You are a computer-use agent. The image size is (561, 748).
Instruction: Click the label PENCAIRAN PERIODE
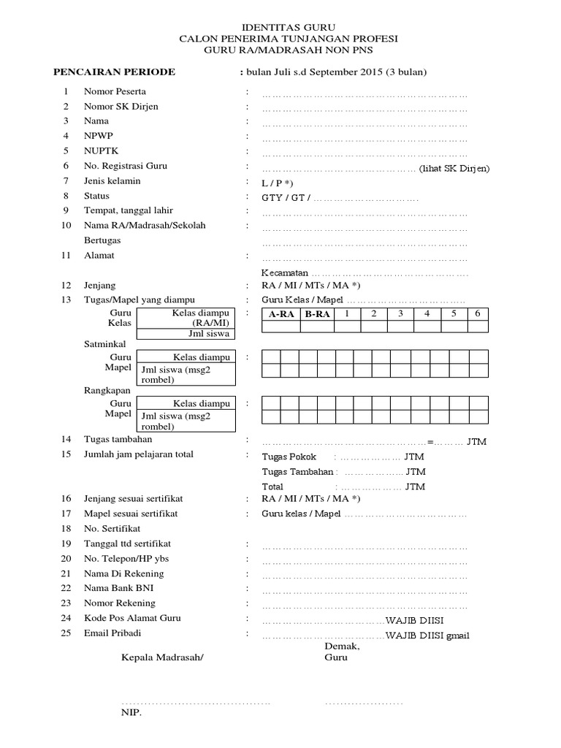tap(115, 72)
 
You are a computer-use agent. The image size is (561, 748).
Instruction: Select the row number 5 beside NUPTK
tap(66, 150)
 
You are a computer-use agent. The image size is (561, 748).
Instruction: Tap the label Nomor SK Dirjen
tap(121, 106)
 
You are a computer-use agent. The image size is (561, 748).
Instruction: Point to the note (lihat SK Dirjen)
tap(454, 169)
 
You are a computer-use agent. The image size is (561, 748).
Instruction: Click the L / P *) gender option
tap(278, 182)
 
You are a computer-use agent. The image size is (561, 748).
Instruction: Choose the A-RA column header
tap(281, 314)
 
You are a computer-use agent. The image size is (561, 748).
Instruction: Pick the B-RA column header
tap(318, 314)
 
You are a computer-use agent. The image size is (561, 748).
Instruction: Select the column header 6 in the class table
tap(477, 313)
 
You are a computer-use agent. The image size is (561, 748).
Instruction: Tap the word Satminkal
tap(104, 343)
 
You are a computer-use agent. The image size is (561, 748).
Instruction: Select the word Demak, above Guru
tap(342, 646)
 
